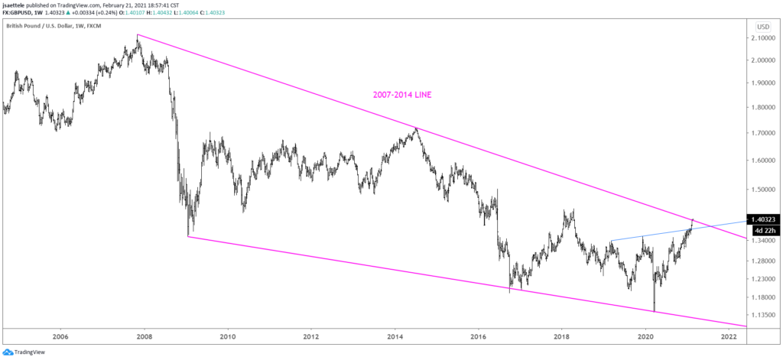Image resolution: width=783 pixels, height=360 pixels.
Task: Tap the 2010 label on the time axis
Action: coord(227,336)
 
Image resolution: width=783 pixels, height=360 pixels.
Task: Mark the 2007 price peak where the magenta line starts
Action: coord(137,35)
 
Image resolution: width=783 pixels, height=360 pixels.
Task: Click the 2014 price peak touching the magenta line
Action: coord(415,128)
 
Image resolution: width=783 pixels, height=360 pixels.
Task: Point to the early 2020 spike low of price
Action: coord(655,311)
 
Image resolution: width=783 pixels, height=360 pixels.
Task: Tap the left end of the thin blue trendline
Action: coord(611,242)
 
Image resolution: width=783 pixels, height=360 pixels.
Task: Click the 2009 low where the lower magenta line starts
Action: coord(188,235)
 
